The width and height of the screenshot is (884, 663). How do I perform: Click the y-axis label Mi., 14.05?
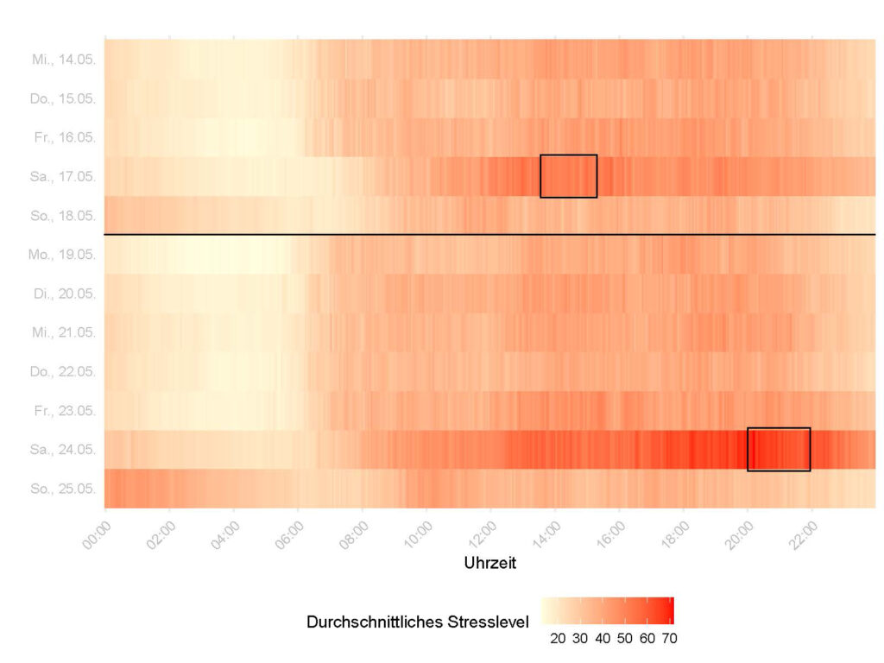click(63, 60)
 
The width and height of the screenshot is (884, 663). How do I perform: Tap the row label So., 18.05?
click(63, 216)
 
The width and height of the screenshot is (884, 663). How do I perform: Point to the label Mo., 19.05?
click(62, 256)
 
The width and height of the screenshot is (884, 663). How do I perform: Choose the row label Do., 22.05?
click(63, 372)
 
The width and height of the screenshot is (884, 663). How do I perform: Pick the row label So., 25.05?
click(63, 489)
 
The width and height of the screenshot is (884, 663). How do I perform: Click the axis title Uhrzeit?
click(490, 563)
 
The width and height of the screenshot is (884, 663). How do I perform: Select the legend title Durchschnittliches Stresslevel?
click(418, 622)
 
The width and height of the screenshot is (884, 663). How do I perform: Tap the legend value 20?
click(558, 639)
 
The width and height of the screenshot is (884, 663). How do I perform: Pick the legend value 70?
click(669, 639)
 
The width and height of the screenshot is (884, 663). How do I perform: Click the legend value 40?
click(603, 639)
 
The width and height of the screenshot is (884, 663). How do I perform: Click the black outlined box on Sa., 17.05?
click(568, 176)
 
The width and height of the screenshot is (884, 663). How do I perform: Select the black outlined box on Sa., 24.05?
click(779, 449)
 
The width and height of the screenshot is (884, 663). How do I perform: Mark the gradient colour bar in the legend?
click(607, 610)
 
